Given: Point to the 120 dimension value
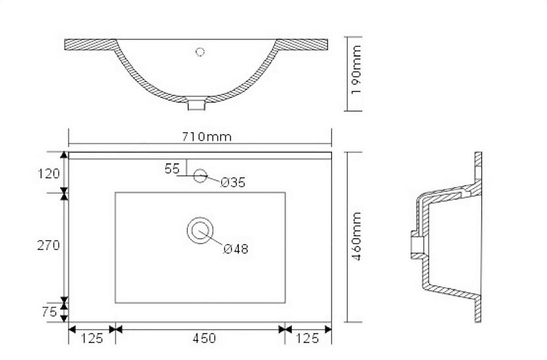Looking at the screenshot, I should (x=49, y=174).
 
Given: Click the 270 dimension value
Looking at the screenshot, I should (x=48, y=246).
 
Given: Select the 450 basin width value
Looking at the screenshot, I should (x=203, y=339).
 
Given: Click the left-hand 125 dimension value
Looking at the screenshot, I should (x=92, y=339).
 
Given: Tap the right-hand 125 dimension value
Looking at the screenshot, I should (x=307, y=339).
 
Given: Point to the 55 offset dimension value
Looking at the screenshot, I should (x=172, y=169).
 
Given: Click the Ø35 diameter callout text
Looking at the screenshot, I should (x=233, y=183).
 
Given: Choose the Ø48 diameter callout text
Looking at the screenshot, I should (x=236, y=249).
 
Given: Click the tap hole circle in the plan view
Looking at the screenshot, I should (x=200, y=175).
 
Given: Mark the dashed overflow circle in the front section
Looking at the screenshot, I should (x=200, y=52).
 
